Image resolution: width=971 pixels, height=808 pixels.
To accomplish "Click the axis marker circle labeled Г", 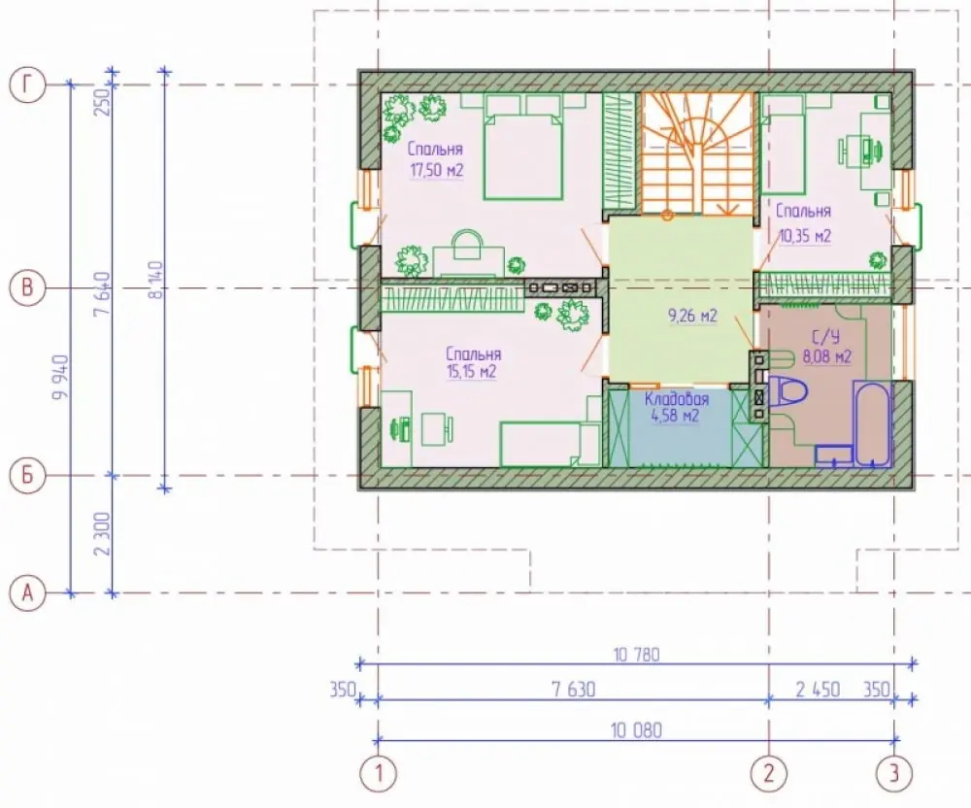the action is click(x=27, y=84).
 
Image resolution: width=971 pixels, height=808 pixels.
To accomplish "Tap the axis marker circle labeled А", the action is click(x=27, y=593).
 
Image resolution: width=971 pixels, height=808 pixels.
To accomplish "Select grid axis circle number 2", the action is click(x=769, y=773).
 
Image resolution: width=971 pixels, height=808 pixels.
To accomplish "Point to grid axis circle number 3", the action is click(x=894, y=773).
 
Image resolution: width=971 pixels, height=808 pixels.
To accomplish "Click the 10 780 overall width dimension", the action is click(x=637, y=655).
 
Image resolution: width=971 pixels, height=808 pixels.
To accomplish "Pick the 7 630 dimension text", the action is click(x=573, y=690).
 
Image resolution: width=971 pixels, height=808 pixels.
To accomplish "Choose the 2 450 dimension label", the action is click(x=818, y=690).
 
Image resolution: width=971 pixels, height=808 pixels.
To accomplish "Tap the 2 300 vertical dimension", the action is click(x=103, y=534).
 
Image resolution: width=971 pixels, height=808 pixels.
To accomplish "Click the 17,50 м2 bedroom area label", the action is click(x=437, y=170).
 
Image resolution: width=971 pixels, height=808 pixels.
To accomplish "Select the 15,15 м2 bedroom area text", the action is click(x=471, y=372).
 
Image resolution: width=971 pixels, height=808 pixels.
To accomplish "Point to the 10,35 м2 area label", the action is click(x=804, y=236).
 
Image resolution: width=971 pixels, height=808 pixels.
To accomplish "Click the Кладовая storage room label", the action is click(x=676, y=399).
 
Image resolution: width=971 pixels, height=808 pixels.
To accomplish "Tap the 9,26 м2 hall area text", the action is click(x=692, y=316).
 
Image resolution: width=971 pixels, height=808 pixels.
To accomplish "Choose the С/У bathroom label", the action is click(x=826, y=337).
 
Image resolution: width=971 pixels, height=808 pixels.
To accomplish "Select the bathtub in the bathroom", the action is click(x=873, y=423).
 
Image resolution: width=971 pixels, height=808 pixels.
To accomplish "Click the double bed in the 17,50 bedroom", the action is click(x=523, y=148).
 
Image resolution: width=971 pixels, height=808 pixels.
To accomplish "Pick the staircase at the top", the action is click(x=697, y=153).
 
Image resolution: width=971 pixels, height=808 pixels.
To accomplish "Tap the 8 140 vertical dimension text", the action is click(x=156, y=280).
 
